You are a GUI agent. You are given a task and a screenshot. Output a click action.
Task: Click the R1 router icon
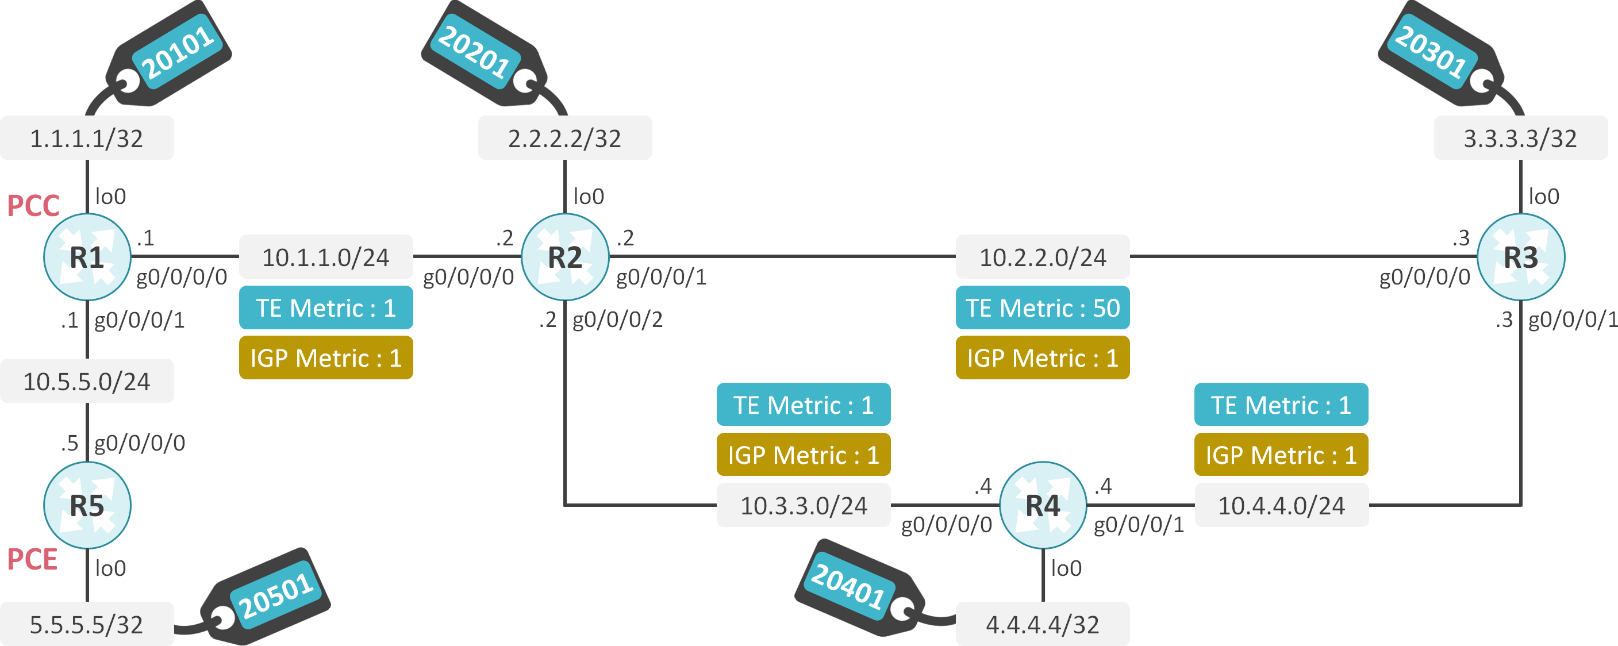[87, 257]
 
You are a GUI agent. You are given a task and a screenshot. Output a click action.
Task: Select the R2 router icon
[564, 257]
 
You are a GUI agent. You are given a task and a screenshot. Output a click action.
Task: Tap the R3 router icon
[1520, 257]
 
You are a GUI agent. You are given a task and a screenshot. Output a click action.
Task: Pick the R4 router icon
[1043, 505]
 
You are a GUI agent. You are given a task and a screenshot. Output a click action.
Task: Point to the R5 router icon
[87, 505]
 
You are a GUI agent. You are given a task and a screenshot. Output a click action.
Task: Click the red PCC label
[33, 206]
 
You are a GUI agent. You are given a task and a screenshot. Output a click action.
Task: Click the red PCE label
[32, 559]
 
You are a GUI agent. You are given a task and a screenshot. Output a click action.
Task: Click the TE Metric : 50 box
[1043, 307]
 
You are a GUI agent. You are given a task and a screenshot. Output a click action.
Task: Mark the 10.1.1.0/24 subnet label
[325, 257]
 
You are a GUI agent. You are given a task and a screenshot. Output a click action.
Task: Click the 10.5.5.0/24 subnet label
[87, 381]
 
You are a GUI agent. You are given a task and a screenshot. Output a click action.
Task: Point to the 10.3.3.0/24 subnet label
[804, 505]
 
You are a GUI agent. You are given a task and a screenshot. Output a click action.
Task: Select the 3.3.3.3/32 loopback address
[1520, 138]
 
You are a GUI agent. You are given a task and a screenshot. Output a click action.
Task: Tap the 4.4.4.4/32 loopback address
[1043, 624]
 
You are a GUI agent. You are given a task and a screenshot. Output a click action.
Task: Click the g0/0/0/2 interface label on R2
[617, 320]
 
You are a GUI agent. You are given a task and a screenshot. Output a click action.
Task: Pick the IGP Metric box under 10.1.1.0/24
[325, 358]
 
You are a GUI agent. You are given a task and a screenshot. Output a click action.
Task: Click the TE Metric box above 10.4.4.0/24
[1281, 405]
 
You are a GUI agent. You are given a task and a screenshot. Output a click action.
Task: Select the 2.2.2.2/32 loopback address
[564, 138]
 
